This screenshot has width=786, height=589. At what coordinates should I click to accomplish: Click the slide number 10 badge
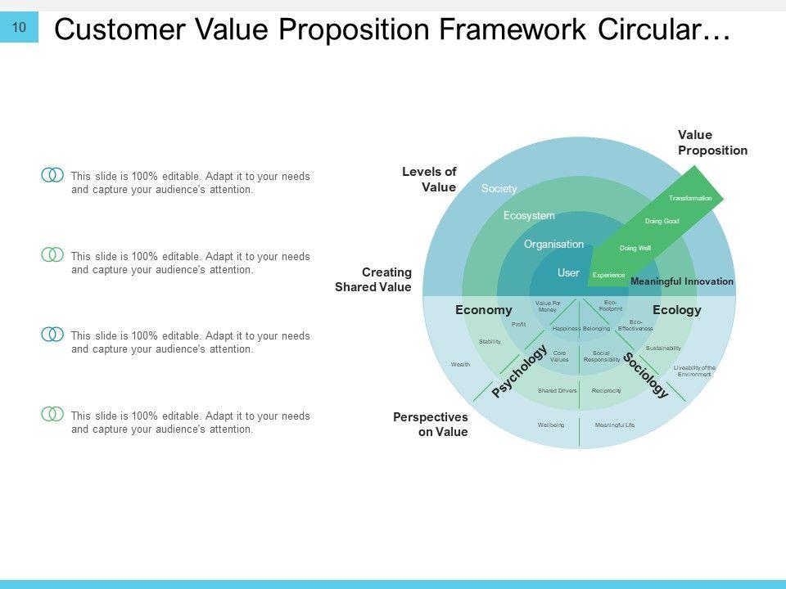pyautogui.click(x=19, y=28)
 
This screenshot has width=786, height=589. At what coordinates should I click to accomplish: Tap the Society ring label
pyautogui.click(x=499, y=189)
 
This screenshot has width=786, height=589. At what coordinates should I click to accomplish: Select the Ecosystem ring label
pyautogui.click(x=528, y=216)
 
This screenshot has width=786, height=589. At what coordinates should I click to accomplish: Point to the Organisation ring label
pyautogui.click(x=553, y=245)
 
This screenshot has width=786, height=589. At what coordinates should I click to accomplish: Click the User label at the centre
pyautogui.click(x=568, y=272)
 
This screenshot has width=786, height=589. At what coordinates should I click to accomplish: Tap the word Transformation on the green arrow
pyautogui.click(x=690, y=199)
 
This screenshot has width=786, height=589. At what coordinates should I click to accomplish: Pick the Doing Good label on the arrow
pyautogui.click(x=662, y=221)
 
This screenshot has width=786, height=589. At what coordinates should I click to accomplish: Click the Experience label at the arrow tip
pyautogui.click(x=608, y=276)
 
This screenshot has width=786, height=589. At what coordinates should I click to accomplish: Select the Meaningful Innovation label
pyautogui.click(x=682, y=281)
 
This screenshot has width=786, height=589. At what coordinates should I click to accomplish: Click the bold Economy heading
pyautogui.click(x=483, y=310)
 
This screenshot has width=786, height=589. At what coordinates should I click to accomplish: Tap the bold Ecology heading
pyautogui.click(x=677, y=310)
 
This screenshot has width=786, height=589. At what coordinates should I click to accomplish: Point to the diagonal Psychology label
pyautogui.click(x=519, y=371)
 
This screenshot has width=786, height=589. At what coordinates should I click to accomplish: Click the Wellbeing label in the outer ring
pyautogui.click(x=551, y=425)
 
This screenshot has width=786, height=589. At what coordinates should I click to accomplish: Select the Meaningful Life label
pyautogui.click(x=615, y=425)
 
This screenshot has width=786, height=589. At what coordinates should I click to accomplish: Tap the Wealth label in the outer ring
pyautogui.click(x=460, y=364)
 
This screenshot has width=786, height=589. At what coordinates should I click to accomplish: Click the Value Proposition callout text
pyautogui.click(x=712, y=142)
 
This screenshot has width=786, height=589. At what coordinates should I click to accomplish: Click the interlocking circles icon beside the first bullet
pyautogui.click(x=52, y=175)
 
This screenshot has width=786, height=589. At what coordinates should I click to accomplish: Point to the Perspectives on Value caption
pyautogui.click(x=431, y=424)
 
